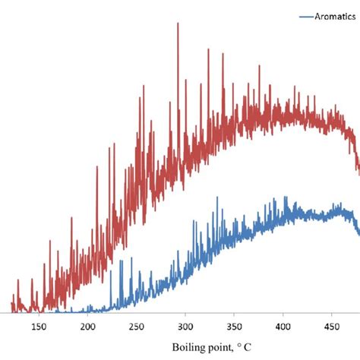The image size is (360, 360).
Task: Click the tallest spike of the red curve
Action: pyautogui.click(x=178, y=24)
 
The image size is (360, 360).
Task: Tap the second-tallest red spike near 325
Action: pyautogui.click(x=208, y=51)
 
